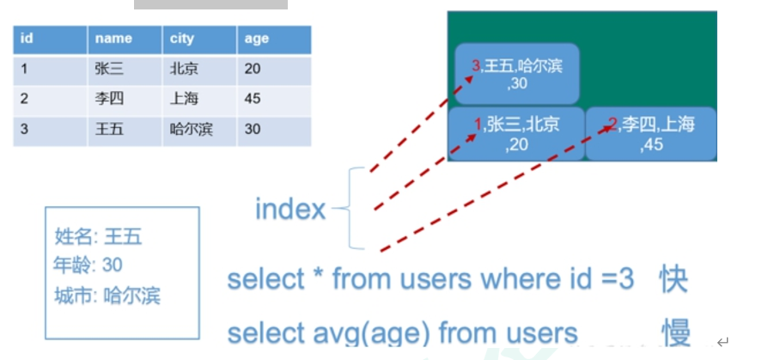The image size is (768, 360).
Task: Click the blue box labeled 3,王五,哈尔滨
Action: coord(517,74)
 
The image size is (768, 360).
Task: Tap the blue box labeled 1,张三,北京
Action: coord(516,134)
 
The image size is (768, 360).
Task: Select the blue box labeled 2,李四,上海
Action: coord(651,134)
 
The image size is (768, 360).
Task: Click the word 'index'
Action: coord(290,209)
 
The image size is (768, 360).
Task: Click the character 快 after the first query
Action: coord(674,279)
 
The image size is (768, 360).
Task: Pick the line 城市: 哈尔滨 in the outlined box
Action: coord(107,296)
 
